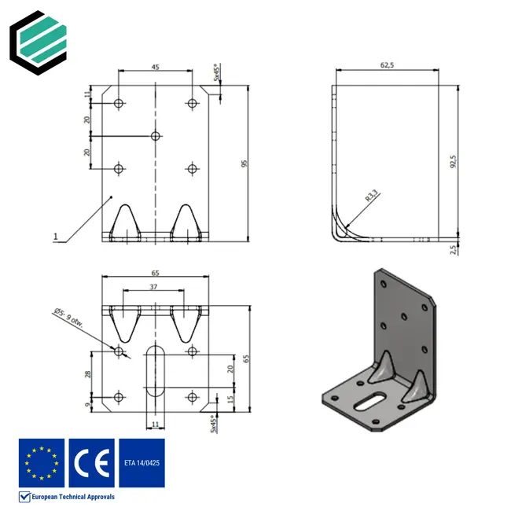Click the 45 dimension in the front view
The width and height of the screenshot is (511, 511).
click(x=155, y=68)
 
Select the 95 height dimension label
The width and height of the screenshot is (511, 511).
click(x=244, y=164)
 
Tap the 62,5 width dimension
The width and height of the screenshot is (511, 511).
click(x=387, y=67)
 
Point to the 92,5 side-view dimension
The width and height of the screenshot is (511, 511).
click(x=454, y=161)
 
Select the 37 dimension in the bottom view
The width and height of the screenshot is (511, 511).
click(x=155, y=288)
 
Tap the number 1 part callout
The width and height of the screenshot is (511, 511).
click(x=55, y=236)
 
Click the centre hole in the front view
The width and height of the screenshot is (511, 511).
click(x=156, y=136)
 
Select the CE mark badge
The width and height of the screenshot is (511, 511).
click(x=90, y=462)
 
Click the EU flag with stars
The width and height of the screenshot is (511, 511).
click(x=42, y=462)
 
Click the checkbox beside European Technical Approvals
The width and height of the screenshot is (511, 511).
click(x=24, y=497)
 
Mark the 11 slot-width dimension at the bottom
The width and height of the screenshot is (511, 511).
click(x=155, y=425)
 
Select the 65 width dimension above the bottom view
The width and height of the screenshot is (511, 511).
click(x=155, y=273)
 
